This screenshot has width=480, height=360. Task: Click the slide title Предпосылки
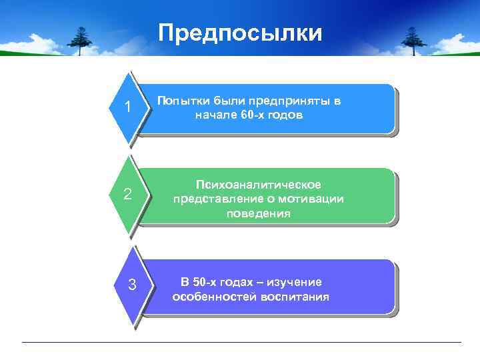tap(240, 33)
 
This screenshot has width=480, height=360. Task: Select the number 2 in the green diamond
tap(127, 195)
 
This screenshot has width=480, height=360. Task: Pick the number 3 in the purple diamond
tap(132, 285)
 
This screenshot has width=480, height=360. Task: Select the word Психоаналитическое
tap(258, 184)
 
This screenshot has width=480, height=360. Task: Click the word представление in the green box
tap(213, 199)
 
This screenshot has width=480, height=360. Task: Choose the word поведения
tap(258, 213)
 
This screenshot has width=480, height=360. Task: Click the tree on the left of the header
tap(81, 40)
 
